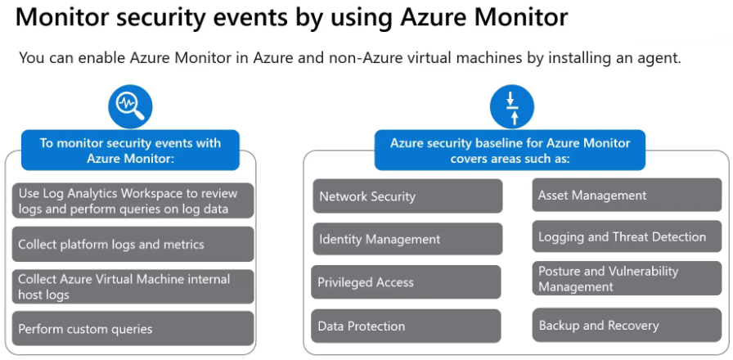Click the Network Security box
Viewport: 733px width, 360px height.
point(407,196)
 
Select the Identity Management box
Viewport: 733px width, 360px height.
point(407,239)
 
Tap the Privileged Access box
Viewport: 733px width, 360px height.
point(406,282)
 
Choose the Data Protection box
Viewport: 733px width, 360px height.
point(406,326)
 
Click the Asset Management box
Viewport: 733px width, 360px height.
point(627,196)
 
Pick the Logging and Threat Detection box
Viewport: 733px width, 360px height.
point(627,237)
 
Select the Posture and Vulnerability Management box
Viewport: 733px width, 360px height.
point(627,279)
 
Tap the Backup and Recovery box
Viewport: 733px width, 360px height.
point(627,326)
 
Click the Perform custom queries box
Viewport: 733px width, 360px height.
point(133,329)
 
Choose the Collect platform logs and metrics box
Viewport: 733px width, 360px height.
point(133,244)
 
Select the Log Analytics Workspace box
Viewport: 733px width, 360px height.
point(133,201)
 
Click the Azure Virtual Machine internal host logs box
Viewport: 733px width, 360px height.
point(133,286)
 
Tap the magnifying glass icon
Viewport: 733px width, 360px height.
point(130,106)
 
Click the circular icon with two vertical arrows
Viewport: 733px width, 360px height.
point(511,107)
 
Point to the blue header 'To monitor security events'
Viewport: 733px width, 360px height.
point(130,151)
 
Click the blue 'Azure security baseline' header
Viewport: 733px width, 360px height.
point(510,151)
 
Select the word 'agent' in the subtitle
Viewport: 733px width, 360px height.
point(659,58)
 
